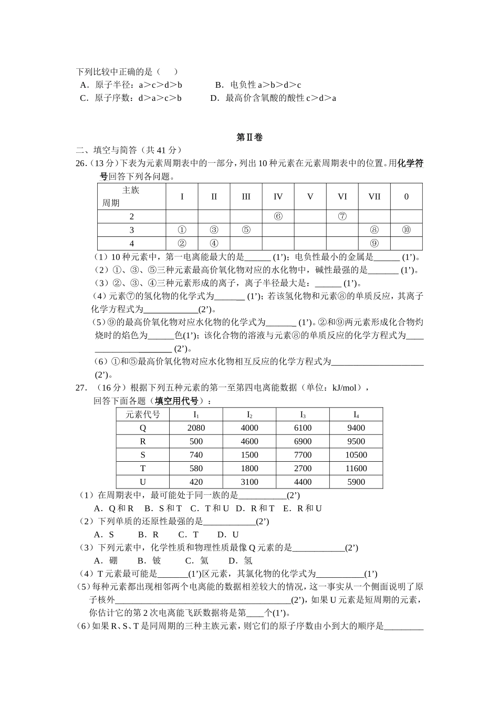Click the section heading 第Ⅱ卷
point(249,137)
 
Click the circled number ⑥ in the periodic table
point(278,216)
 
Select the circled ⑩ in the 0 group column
point(406,230)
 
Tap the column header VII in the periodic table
point(374,196)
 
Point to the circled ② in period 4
point(182,243)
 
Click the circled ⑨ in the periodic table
point(374,243)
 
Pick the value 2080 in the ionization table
point(196,428)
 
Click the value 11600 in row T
point(356,468)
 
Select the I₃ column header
point(303,414)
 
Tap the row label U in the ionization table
point(142,482)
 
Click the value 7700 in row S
point(303,455)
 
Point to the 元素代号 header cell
point(142,414)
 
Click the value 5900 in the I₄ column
point(356,482)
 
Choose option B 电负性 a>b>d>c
point(258,85)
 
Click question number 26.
point(81,163)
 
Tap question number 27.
point(81,388)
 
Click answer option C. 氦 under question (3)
point(197,560)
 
